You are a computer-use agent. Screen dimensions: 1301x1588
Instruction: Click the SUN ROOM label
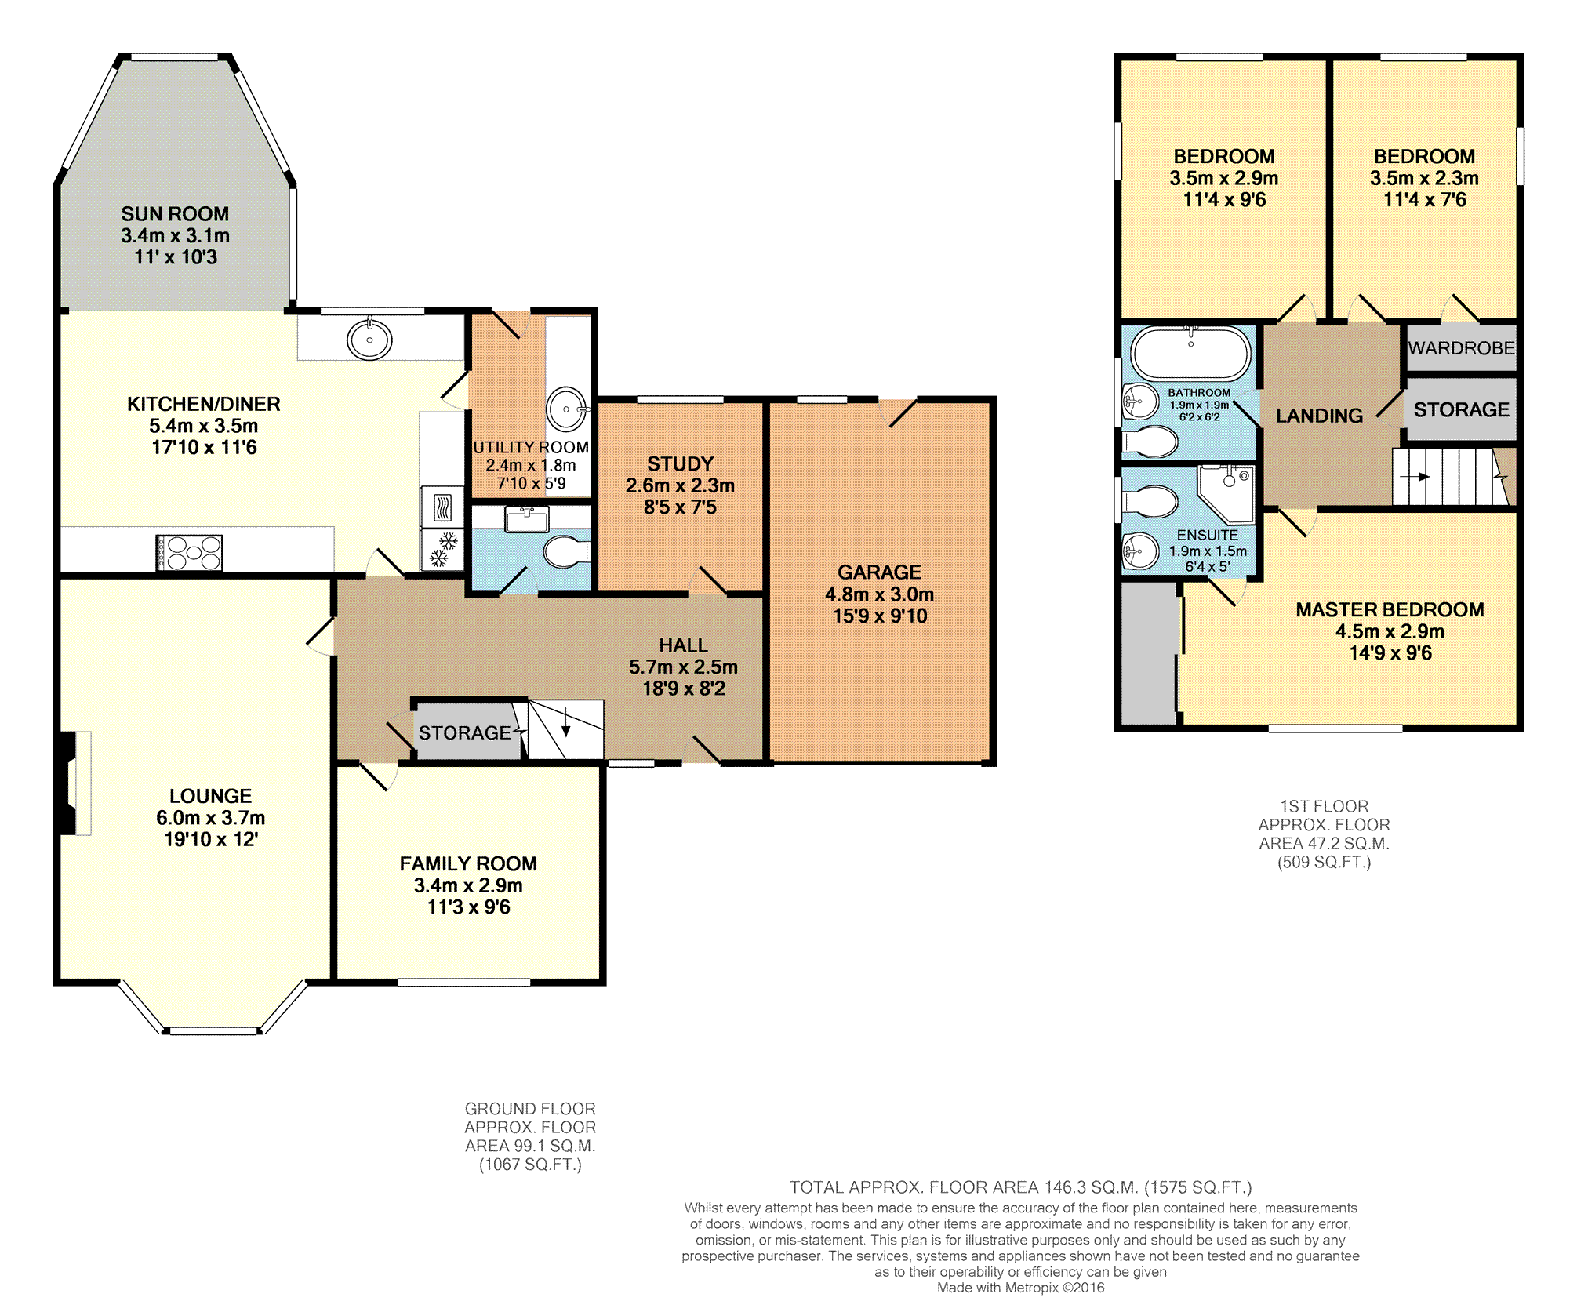(175, 214)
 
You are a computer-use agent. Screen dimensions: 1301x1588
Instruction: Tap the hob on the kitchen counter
(189, 552)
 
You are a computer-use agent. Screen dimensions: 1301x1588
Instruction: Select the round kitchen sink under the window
(370, 340)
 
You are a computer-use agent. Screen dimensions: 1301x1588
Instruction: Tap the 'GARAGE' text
(879, 572)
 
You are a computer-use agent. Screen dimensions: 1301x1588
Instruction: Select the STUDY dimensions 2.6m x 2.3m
(680, 485)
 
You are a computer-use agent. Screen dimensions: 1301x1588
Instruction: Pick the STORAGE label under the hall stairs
(464, 733)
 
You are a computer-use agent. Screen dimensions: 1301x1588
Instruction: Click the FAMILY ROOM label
(468, 863)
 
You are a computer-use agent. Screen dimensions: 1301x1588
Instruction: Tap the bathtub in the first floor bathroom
(1190, 354)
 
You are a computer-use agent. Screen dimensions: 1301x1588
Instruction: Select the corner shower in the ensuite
(1229, 492)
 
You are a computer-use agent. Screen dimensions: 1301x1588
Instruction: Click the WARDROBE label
(1461, 348)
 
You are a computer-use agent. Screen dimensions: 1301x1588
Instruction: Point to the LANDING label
(1319, 416)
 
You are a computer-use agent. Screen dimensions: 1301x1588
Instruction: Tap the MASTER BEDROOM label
(1389, 609)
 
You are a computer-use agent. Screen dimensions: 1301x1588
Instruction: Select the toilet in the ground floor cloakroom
(566, 552)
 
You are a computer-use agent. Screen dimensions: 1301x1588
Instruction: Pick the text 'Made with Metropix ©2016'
(1020, 1288)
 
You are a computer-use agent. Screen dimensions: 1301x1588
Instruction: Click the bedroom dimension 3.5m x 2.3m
(1424, 178)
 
